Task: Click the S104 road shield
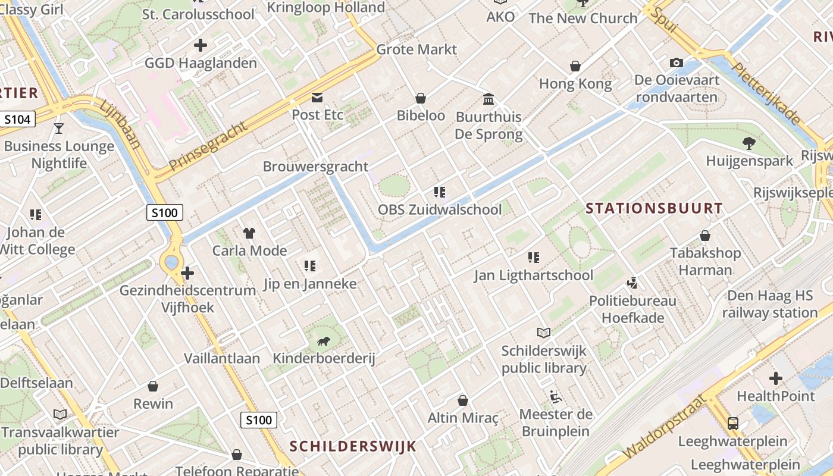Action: point(17,120)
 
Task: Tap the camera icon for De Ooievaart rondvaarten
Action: point(676,62)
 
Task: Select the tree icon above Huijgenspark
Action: point(749,143)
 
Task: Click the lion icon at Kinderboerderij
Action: point(324,341)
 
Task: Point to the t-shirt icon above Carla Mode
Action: point(249,233)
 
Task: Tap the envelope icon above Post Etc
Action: point(317,97)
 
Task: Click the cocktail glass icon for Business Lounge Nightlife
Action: point(58,128)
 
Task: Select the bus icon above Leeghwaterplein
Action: point(733,424)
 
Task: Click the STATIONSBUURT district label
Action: point(654,209)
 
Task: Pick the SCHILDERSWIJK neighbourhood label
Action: point(353,446)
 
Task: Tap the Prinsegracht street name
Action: point(208,146)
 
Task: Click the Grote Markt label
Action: point(416,49)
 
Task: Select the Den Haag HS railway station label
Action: point(770,304)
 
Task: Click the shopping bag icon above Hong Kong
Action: point(575,66)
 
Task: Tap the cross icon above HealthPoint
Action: point(776,378)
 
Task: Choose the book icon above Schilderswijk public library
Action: point(544,333)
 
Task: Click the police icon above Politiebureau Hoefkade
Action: point(633,283)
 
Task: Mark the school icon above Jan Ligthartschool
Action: point(534,258)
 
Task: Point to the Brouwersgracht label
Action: point(316,167)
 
